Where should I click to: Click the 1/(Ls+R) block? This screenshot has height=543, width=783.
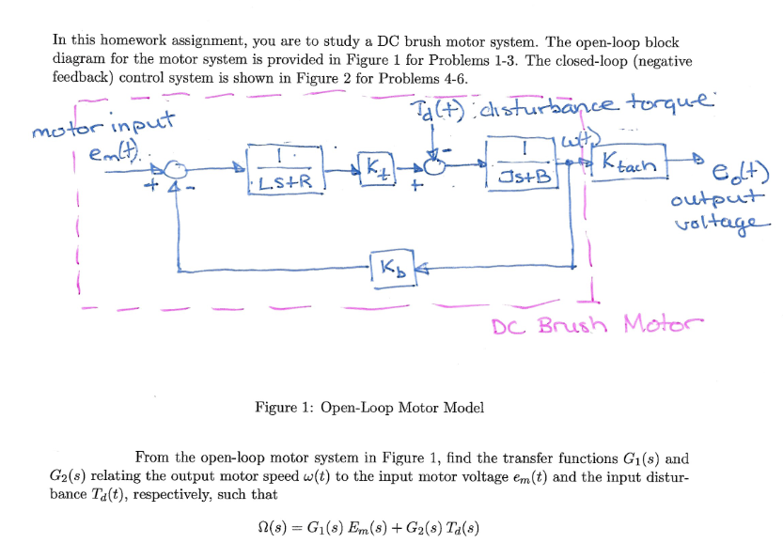[286, 170]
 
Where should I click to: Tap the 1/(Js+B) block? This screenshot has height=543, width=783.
[523, 163]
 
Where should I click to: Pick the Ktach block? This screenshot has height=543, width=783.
[629, 162]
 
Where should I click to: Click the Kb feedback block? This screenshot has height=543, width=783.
[394, 268]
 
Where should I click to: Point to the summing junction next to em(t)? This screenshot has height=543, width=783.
[176, 170]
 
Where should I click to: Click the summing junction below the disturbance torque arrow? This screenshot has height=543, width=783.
[434, 165]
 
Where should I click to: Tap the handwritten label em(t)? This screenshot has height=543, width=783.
[114, 152]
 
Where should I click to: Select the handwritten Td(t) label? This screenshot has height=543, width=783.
[437, 109]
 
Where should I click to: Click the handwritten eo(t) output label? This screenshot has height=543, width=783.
[740, 174]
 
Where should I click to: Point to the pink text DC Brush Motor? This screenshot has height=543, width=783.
[597, 325]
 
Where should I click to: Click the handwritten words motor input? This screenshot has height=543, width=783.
[103, 125]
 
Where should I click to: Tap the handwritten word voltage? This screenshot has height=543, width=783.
[723, 223]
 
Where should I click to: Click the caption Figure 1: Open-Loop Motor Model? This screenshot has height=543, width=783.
[369, 408]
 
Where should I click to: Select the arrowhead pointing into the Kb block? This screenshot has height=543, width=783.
[421, 269]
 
